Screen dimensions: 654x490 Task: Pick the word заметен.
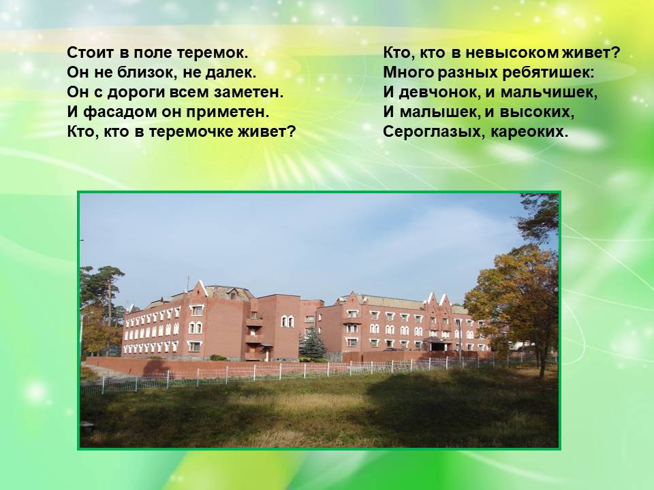(249, 93)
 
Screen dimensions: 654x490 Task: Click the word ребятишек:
(548, 73)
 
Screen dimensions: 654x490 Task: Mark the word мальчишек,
(549, 93)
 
